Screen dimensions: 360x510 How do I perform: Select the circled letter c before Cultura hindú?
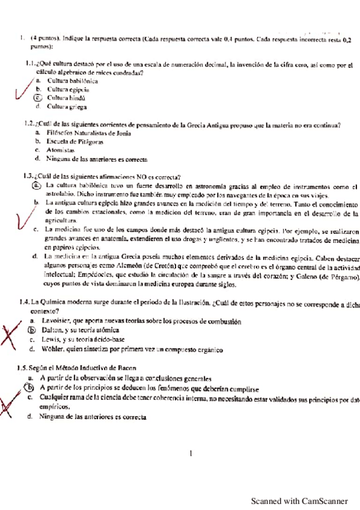37,97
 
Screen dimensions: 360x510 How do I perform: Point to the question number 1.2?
26,125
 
